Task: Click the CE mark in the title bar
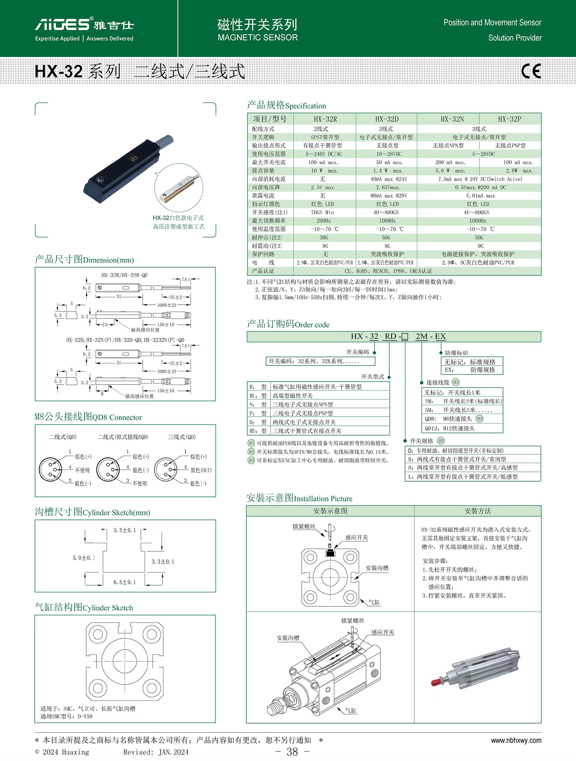[531, 71]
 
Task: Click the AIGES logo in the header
[62, 25]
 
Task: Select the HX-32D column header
[386, 119]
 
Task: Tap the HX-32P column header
[509, 119]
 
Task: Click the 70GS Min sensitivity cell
[322, 213]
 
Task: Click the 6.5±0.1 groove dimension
[124, 582]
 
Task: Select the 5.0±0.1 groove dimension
[84, 558]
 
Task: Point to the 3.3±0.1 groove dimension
[163, 561]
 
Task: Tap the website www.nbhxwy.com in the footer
[516, 740]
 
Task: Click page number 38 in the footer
[292, 752]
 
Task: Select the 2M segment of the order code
[421, 336]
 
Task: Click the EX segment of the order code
[440, 336]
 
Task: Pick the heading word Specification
[305, 106]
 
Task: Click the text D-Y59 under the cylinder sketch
[85, 716]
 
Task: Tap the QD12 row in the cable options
[450, 428]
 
